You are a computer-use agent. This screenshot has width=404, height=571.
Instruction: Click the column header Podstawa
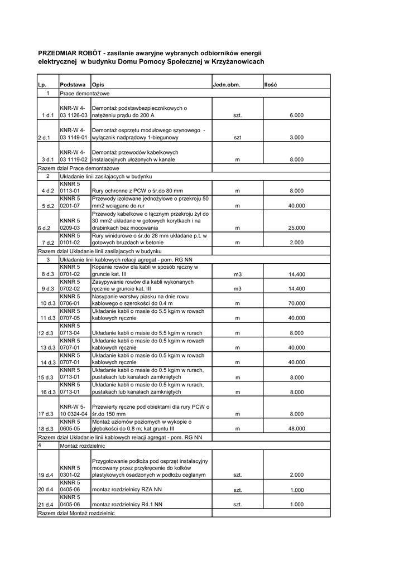pyautogui.click(x=73, y=84)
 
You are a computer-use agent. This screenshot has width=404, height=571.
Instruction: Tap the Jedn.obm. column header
pyautogui.click(x=226, y=84)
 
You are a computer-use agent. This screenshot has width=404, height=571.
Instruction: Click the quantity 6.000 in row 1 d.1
pyautogui.click(x=296, y=115)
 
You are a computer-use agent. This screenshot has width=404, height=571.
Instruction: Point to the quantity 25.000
pyautogui.click(x=296, y=228)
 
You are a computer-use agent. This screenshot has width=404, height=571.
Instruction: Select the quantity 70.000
pyautogui.click(x=296, y=303)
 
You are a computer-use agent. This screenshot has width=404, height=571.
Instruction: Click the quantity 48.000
pyautogui.click(x=296, y=429)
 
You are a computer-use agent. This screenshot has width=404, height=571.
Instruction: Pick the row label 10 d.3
pyautogui.click(x=47, y=303)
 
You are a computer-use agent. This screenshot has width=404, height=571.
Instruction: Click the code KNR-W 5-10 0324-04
pyautogui.click(x=73, y=410)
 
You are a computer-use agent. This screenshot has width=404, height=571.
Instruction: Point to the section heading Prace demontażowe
pyautogui.click(x=84, y=93)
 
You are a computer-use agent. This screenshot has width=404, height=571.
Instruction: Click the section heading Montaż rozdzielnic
pyautogui.click(x=82, y=446)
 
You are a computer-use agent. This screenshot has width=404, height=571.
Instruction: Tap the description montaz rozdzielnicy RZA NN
pyautogui.click(x=127, y=490)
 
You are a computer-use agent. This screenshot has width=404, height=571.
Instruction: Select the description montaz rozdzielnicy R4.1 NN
pyautogui.click(x=127, y=504)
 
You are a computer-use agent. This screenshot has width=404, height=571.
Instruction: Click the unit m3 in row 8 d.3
pyautogui.click(x=237, y=274)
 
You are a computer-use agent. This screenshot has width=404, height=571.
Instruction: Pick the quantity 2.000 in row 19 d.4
pyautogui.click(x=296, y=475)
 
